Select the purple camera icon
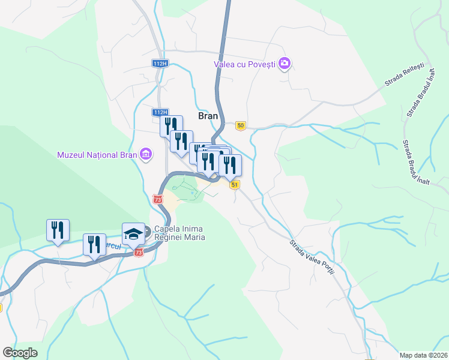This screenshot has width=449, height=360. (285, 63)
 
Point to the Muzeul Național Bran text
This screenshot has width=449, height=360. (97, 155)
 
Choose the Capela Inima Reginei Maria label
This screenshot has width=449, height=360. (179, 233)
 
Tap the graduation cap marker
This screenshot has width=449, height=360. (133, 233)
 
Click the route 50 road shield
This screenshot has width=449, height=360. (241, 125)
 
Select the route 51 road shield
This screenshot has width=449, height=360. (235, 185)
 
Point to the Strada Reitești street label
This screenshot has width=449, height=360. (405, 76)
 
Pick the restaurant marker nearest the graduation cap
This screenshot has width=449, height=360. (94, 245)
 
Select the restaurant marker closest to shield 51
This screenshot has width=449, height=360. (230, 166)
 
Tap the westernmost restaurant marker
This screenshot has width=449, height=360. (58, 230)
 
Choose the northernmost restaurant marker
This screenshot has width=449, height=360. (171, 127)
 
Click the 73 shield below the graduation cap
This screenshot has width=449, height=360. (139, 253)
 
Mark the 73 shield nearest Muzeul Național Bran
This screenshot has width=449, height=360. (157, 199)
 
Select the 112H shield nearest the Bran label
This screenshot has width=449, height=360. (159, 112)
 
